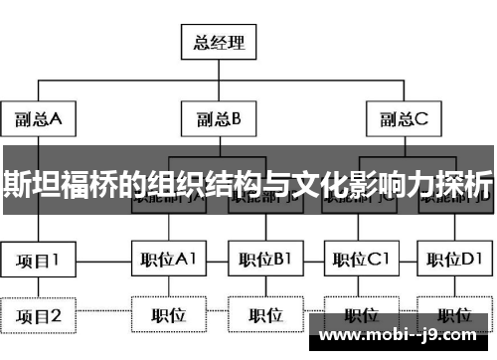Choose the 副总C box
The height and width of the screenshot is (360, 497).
pos(403,120)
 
